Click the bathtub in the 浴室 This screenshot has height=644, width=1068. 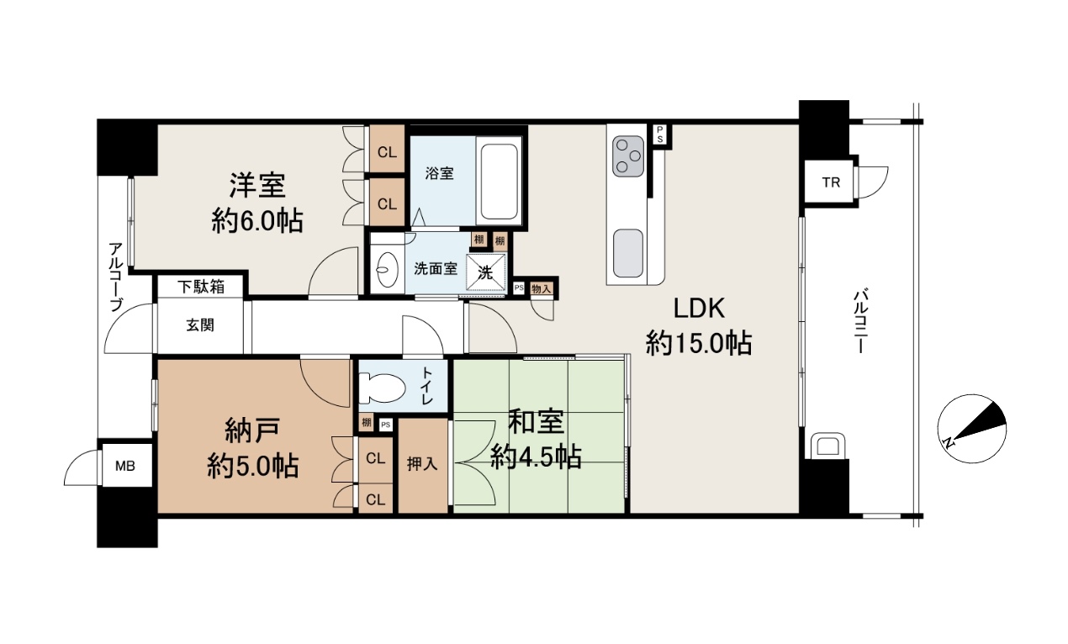pos(499,181)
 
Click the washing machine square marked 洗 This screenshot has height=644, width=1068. pos(485,272)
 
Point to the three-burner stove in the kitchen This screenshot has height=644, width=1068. pos(628,156)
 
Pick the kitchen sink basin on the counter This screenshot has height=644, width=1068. pos(628,253)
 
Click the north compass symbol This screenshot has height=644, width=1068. pos(971,428)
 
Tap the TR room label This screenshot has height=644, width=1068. pos(831,182)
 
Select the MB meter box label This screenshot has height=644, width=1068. pos(125,466)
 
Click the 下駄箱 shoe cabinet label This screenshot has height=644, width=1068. pos(201,287)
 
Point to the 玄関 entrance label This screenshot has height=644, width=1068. pos(200,325)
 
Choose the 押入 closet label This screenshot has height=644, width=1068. pos(422,463)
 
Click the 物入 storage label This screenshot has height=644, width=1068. pos(542,288)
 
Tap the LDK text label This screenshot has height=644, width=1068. pos(699,308)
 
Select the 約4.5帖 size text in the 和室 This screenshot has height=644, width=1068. pos(536,457)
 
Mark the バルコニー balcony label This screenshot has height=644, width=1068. pos(860,319)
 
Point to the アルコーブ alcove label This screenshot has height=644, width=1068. pos(116,277)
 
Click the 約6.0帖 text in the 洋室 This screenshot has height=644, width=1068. pos(257,220)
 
